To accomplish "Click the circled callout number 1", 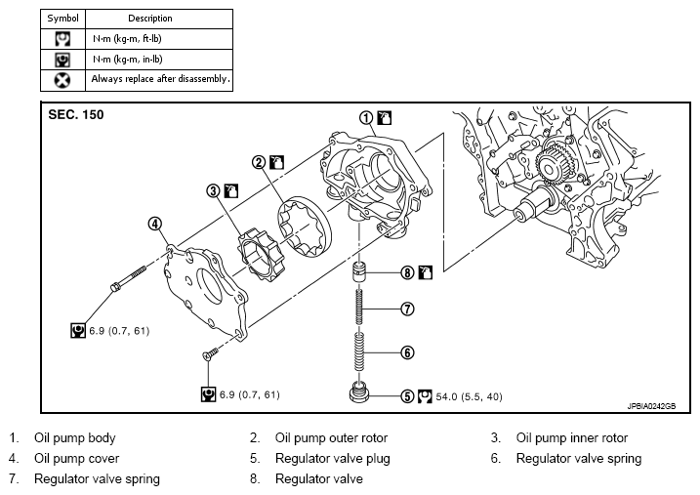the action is pos(366,118).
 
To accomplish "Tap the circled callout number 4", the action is pos(155,224).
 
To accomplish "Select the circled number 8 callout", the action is pos(407,272).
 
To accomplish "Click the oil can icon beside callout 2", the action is pos(277,162).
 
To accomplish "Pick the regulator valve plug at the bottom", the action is pos(359,392).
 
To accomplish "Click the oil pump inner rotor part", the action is pos(258,255).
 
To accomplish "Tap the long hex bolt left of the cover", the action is pos(128,278).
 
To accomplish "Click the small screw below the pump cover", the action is pos(210,353).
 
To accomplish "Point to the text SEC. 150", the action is pos(76,114).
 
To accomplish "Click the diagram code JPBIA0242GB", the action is pos(651,406).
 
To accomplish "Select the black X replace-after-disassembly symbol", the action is pos(62,80).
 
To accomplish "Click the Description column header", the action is pos(150,19).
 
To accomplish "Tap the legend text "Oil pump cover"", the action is pos(77,459).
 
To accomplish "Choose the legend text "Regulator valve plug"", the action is pos(333,459).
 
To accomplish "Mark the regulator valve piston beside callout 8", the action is pos(359,271).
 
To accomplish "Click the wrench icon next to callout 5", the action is pos(425,396).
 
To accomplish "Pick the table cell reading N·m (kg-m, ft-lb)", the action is pos(127,39).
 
